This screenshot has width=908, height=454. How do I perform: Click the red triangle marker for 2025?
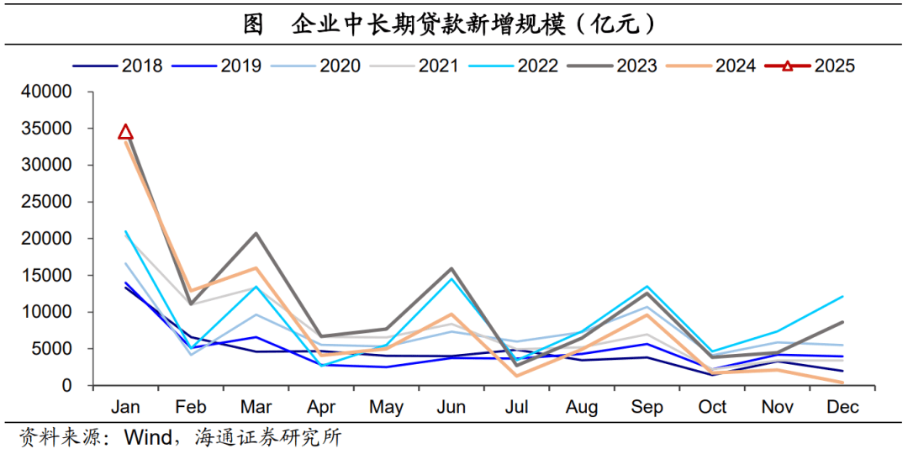click(125, 131)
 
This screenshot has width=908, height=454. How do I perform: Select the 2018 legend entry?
click(118, 66)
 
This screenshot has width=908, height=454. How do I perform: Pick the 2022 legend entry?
click(513, 66)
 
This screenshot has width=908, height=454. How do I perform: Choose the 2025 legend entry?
click(810, 66)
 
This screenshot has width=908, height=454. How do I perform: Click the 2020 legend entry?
click(315, 66)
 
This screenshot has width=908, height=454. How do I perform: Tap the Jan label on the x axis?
click(125, 407)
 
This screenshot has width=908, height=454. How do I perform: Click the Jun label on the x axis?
click(451, 407)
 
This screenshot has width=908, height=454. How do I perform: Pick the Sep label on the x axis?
click(647, 407)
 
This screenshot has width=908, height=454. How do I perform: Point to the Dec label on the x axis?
click(842, 407)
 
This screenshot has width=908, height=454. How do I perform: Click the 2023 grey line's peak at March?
click(256, 233)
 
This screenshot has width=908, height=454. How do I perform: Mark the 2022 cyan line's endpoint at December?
click(842, 297)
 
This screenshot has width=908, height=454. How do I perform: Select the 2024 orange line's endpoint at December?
click(842, 383)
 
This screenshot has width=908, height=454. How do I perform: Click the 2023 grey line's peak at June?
click(451, 269)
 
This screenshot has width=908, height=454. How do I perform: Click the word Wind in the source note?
click(148, 437)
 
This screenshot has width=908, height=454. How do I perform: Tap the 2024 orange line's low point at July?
click(516, 376)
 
